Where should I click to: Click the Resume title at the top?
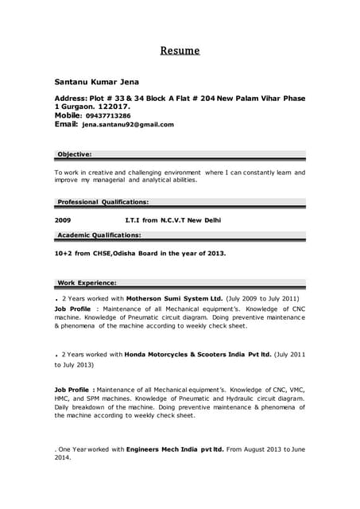click(x=180, y=52)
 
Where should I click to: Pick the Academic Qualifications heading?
click(x=99, y=235)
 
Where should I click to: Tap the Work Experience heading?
click(x=87, y=282)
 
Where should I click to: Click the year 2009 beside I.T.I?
click(x=63, y=220)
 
